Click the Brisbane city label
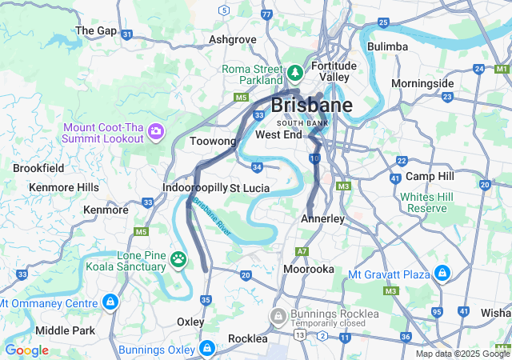[x=312, y=105]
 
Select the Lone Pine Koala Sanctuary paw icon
[x=178, y=260]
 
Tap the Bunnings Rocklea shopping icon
[x=278, y=314]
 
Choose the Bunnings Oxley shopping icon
[x=207, y=349]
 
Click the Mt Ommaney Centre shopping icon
[x=110, y=302]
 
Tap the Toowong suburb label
[x=214, y=142]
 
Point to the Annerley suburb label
[x=323, y=218]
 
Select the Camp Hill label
[x=430, y=175]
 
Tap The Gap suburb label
[x=96, y=30]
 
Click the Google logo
[x=26, y=350]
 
